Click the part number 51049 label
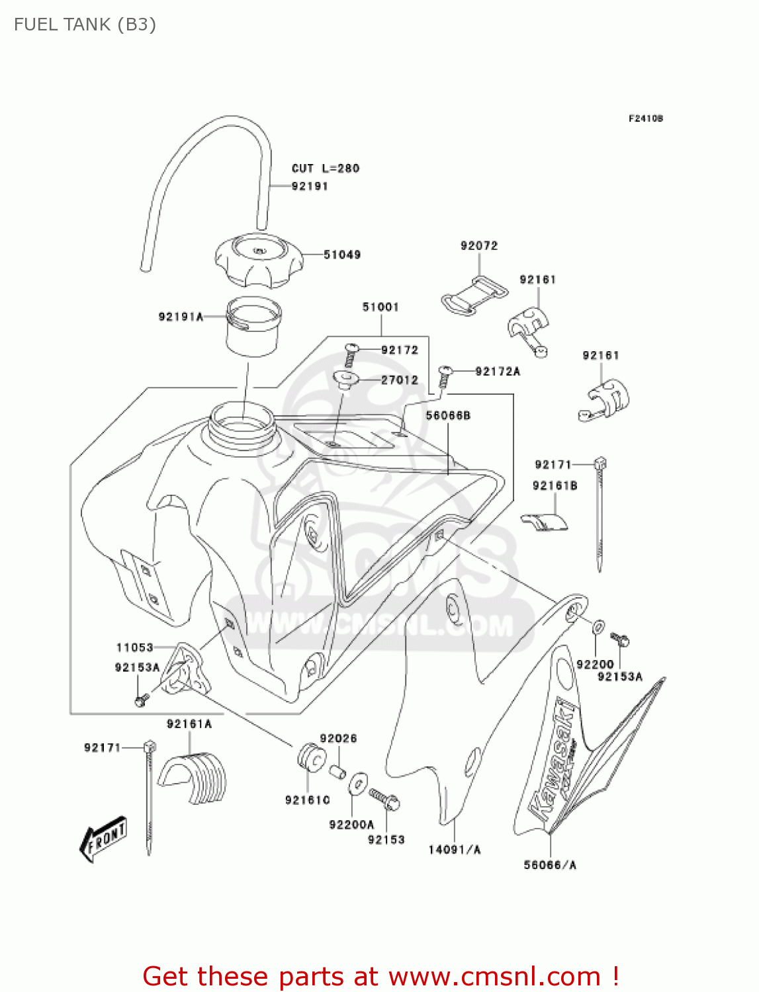(x=341, y=255)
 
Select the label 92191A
(x=181, y=317)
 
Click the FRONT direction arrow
(x=103, y=839)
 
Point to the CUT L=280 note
(x=326, y=169)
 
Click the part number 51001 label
(x=380, y=307)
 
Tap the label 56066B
(x=448, y=415)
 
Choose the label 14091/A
(x=455, y=850)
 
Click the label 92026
(x=338, y=739)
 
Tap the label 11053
(x=135, y=648)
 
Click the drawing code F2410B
(x=645, y=118)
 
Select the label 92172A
(x=498, y=372)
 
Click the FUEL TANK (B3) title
(x=85, y=24)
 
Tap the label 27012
(x=400, y=380)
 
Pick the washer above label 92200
(x=598, y=626)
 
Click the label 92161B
(x=555, y=486)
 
